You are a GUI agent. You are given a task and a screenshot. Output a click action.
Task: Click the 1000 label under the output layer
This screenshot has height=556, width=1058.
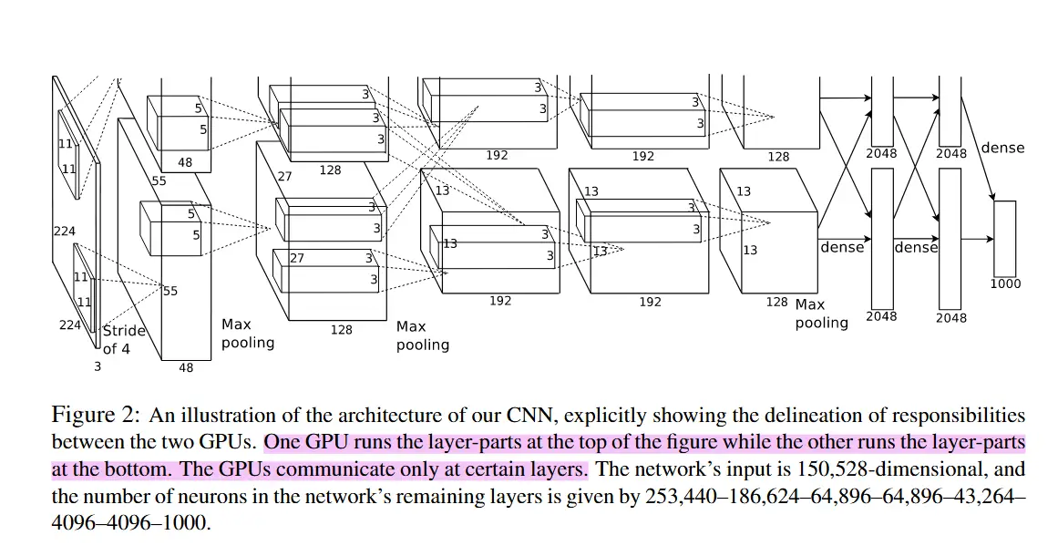1005,283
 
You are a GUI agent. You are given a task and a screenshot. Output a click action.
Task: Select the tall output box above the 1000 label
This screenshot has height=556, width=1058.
1004,238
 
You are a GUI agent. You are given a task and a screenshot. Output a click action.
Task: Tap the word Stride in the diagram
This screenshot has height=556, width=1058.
124,331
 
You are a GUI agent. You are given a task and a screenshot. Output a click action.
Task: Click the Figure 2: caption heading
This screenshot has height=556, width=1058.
95,416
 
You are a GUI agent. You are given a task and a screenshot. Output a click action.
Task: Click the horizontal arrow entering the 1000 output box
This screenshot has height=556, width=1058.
977,239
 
